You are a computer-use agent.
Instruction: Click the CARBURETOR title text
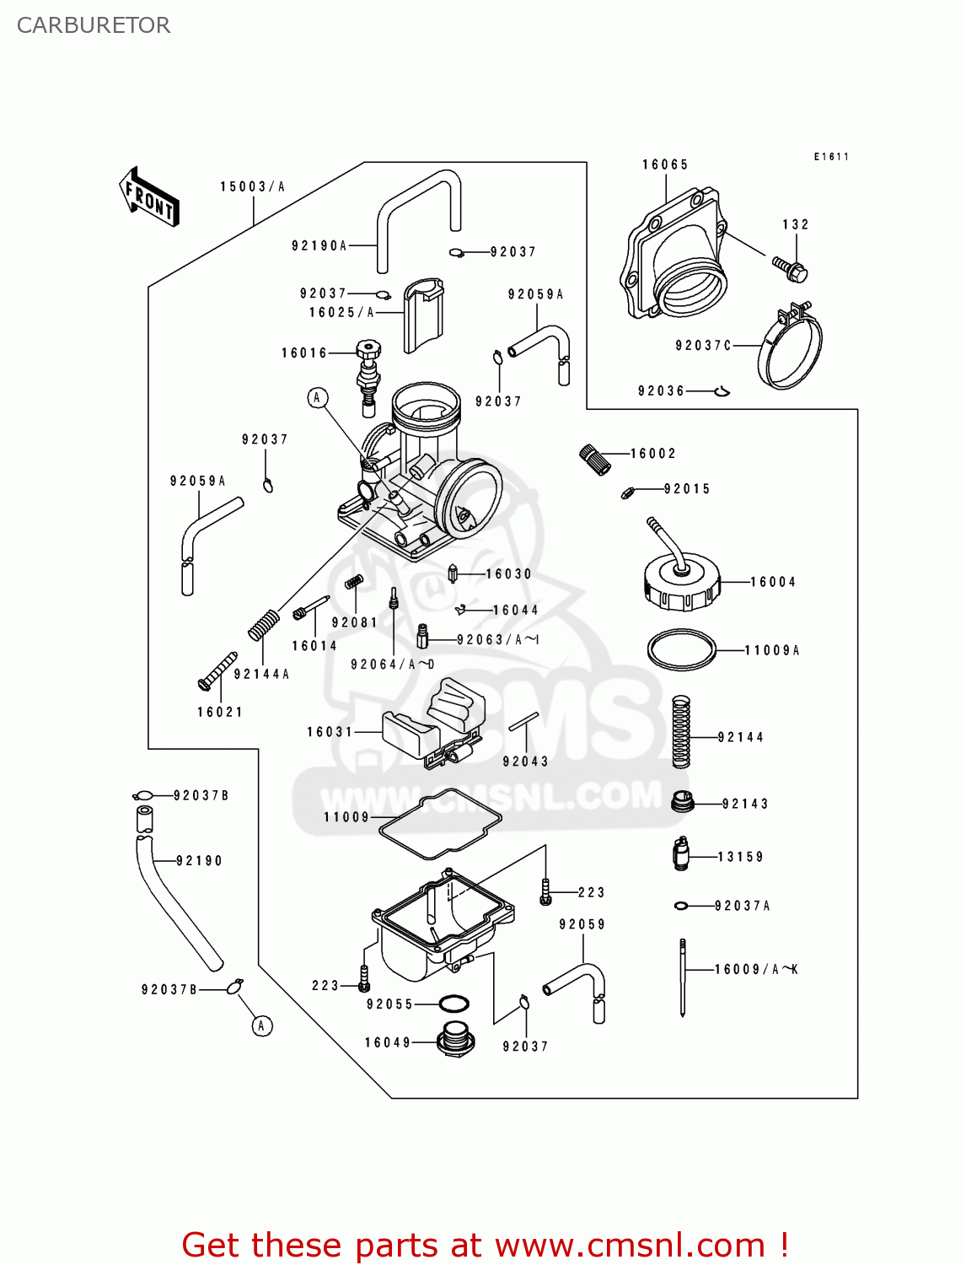94,25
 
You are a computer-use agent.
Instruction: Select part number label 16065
665,165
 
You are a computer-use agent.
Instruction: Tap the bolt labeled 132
791,269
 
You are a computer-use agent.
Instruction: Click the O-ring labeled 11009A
681,650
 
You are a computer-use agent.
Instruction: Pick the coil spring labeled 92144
681,732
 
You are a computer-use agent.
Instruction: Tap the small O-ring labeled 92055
454,1004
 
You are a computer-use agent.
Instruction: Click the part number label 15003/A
252,187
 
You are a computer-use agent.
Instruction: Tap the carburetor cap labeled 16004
682,581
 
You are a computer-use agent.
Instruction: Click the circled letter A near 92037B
262,1025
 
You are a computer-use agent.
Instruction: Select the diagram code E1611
831,157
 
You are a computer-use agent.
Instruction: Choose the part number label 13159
740,857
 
